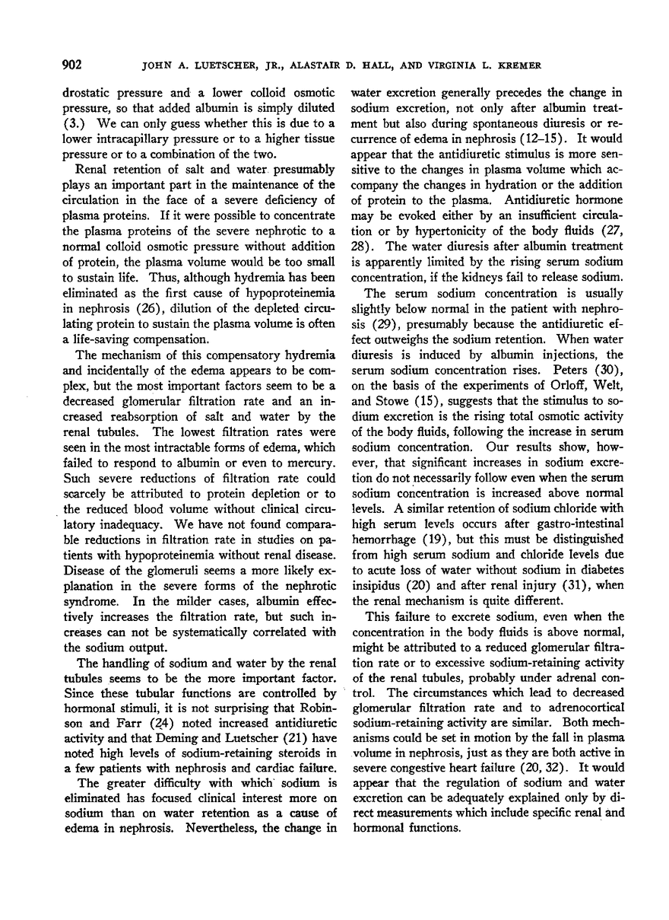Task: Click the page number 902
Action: click(x=71, y=63)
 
